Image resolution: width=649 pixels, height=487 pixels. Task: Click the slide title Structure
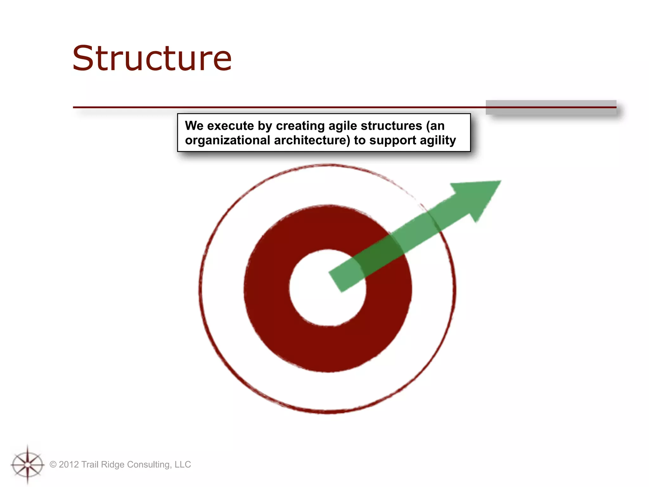[152, 59]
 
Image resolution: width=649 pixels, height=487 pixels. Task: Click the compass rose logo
[28, 464]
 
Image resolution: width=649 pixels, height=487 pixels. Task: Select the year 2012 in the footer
[69, 464]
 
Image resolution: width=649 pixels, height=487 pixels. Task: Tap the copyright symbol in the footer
[53, 464]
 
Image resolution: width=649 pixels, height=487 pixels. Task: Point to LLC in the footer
[183, 464]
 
